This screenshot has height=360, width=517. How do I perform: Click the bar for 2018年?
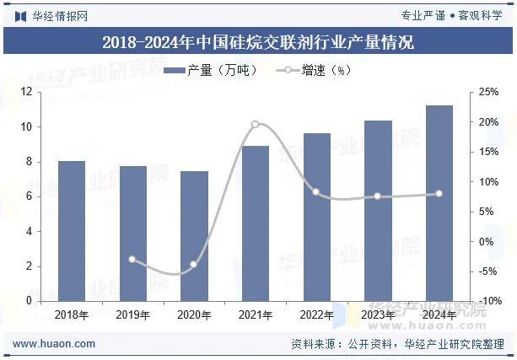[72, 230]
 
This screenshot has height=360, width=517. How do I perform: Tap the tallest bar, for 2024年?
[439, 203]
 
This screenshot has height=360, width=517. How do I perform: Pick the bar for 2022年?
[316, 217]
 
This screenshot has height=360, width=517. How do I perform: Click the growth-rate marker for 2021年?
[256, 124]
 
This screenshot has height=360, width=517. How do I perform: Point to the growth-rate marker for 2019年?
[132, 259]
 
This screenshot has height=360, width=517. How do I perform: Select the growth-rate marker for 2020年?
[194, 264]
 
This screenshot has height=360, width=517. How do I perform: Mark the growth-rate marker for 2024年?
[439, 194]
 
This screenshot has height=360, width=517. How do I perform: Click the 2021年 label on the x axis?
[256, 315]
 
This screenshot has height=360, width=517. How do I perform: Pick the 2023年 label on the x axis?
[378, 315]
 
